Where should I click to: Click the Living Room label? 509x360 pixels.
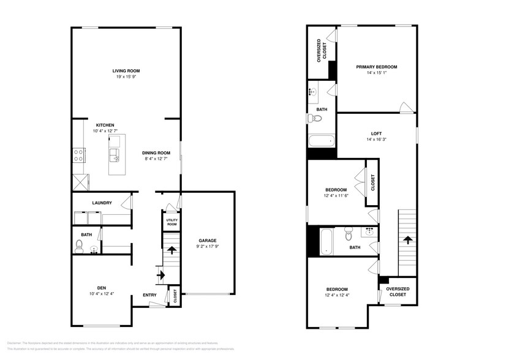tap(126, 70)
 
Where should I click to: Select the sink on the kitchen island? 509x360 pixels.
tap(114, 152)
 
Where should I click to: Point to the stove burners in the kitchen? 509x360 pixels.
tap(79, 155)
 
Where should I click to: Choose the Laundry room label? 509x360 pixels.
tap(101, 203)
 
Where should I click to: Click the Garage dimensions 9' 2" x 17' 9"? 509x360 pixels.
tap(207, 246)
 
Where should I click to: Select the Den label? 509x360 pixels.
tap(101, 288)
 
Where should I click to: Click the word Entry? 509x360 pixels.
tap(150, 295)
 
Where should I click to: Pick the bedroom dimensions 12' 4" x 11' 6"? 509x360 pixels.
tap(336, 196)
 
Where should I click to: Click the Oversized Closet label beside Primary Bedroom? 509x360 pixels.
tap(321, 51)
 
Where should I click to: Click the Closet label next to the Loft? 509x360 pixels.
tap(372, 182)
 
